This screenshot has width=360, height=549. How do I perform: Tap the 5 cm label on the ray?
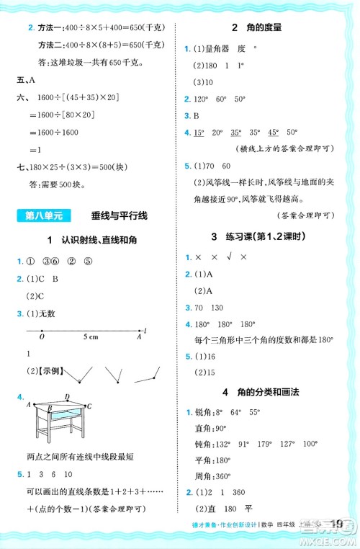click(91, 336)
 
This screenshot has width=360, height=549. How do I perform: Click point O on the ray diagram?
click(42, 336)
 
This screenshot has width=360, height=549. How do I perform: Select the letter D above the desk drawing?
click(66, 397)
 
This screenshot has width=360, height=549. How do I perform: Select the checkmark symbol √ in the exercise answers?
click(231, 256)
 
